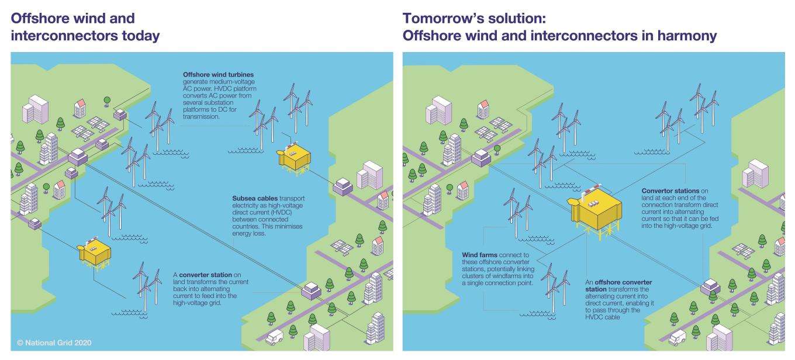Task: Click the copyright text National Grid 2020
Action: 54,342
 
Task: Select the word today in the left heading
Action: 140,36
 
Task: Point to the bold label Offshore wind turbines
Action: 218,74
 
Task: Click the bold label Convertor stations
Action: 670,191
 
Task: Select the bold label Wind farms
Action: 479,255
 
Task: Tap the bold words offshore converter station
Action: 618,286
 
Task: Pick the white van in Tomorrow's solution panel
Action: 677,337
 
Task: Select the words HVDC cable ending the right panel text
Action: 603,317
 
